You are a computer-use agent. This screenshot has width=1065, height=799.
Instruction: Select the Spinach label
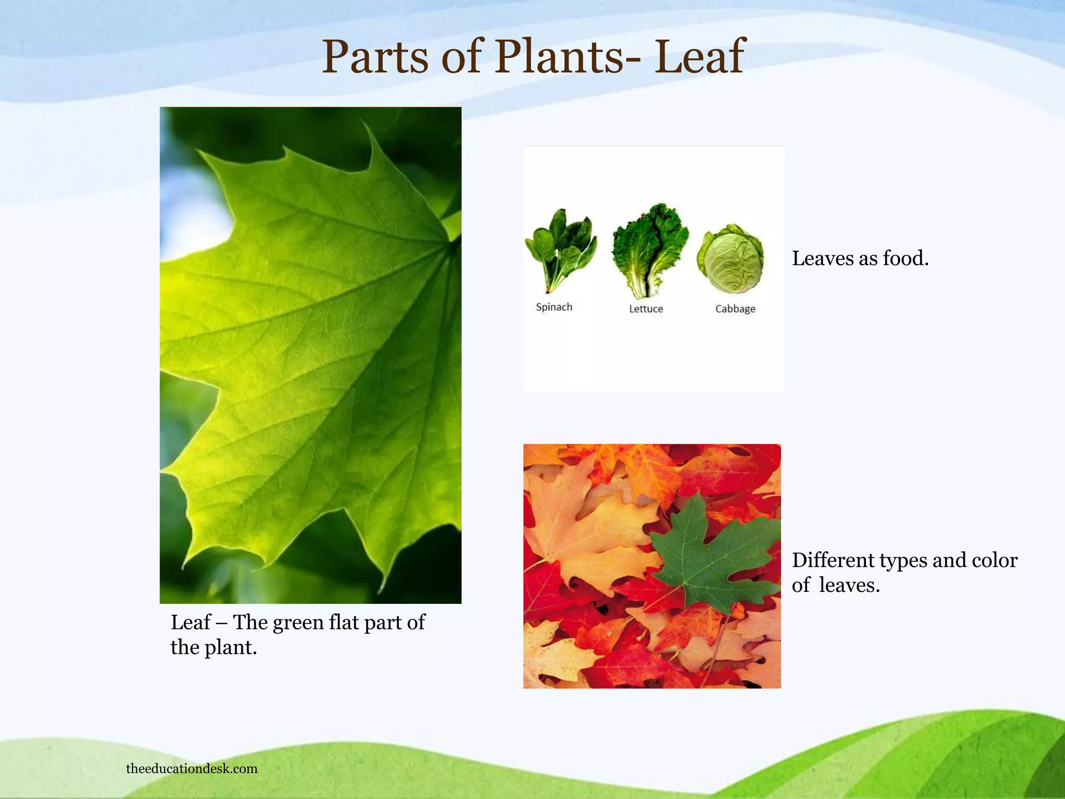pyautogui.click(x=554, y=307)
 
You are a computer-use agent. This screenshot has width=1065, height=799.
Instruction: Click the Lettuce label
pyautogui.click(x=646, y=308)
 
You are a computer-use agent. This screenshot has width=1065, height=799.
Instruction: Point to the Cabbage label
pyautogui.click(x=735, y=308)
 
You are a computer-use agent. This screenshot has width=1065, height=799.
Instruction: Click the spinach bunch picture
pyautogui.click(x=561, y=250)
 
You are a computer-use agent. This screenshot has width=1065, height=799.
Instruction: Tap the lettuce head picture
pyautogui.click(x=650, y=250)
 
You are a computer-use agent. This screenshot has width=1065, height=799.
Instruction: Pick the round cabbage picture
pyautogui.click(x=731, y=259)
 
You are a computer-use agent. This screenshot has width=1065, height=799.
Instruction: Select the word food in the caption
pyautogui.click(x=906, y=258)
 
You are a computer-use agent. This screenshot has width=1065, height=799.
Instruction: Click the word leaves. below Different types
pyautogui.click(x=849, y=585)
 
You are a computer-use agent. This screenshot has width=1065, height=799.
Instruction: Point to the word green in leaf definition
pyautogui.click(x=298, y=623)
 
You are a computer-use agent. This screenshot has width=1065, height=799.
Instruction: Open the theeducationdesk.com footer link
pyautogui.click(x=192, y=768)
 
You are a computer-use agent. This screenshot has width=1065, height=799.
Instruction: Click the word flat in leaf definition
pyautogui.click(x=343, y=622)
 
